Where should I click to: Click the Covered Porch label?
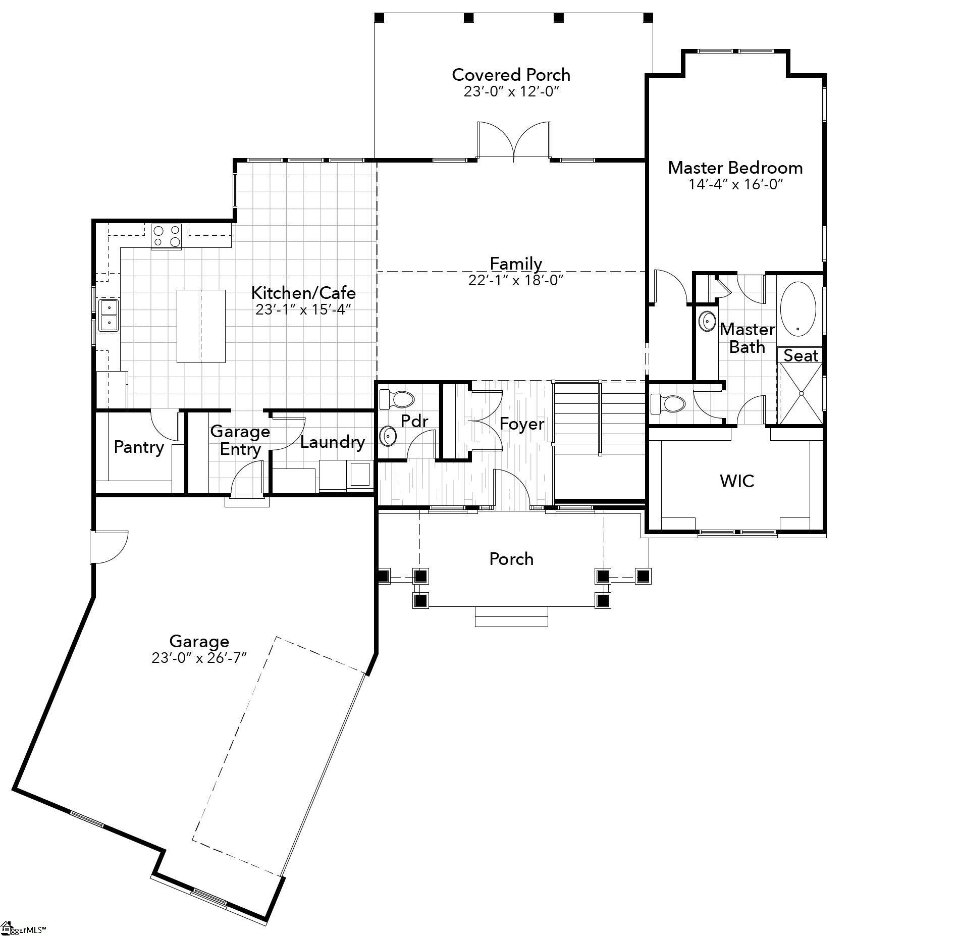point(511,75)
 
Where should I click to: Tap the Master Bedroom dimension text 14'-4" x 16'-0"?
point(735,184)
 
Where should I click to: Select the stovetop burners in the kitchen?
point(167,236)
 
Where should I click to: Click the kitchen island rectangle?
point(201,326)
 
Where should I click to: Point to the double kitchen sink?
point(109,315)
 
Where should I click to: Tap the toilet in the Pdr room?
point(397,399)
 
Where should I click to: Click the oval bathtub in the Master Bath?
point(797,309)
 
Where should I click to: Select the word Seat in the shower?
point(800,356)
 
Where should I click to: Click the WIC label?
point(737,481)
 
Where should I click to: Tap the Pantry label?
point(139,447)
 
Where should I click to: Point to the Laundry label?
point(332,442)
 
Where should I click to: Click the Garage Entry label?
point(240,440)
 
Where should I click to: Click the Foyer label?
point(521,424)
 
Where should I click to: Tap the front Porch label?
point(511,559)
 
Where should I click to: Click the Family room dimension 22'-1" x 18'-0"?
point(515,280)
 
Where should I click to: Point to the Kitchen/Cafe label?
point(303,293)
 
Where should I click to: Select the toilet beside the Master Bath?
point(668,403)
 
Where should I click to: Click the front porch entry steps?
point(511,617)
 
